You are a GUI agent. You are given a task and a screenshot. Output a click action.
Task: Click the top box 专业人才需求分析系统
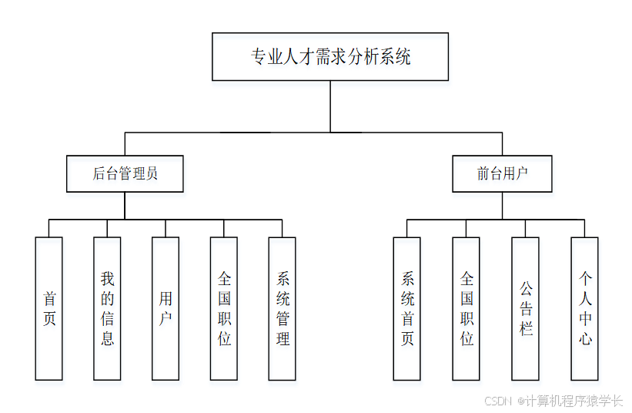tap(330, 56)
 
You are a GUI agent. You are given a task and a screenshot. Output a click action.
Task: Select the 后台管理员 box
tap(125, 173)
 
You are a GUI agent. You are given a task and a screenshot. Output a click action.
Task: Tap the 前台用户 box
tap(502, 173)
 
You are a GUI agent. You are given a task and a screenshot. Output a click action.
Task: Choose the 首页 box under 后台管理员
tap(49, 308)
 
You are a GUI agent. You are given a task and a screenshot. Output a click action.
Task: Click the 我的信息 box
tap(108, 308)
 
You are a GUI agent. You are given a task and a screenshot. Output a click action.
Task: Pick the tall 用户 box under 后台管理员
tap(166, 308)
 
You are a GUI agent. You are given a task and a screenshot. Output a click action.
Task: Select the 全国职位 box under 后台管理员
tap(224, 308)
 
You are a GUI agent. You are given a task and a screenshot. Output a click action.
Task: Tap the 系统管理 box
tap(283, 308)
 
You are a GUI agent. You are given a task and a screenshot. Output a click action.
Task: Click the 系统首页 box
tap(407, 308)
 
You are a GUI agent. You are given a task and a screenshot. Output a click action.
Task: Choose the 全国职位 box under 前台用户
tap(466, 308)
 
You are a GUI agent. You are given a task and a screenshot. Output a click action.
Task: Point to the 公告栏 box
tap(526, 308)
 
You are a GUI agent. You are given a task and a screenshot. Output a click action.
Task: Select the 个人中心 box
tap(585, 308)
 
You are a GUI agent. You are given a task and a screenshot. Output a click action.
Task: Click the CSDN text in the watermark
tap(498, 401)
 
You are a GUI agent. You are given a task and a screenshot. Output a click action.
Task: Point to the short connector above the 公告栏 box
tap(526, 228)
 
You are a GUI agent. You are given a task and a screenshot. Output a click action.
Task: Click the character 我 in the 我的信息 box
tap(108, 278)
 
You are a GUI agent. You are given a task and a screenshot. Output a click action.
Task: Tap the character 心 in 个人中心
tap(585, 338)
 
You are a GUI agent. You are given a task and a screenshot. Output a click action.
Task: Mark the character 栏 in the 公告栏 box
tap(526, 328)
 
